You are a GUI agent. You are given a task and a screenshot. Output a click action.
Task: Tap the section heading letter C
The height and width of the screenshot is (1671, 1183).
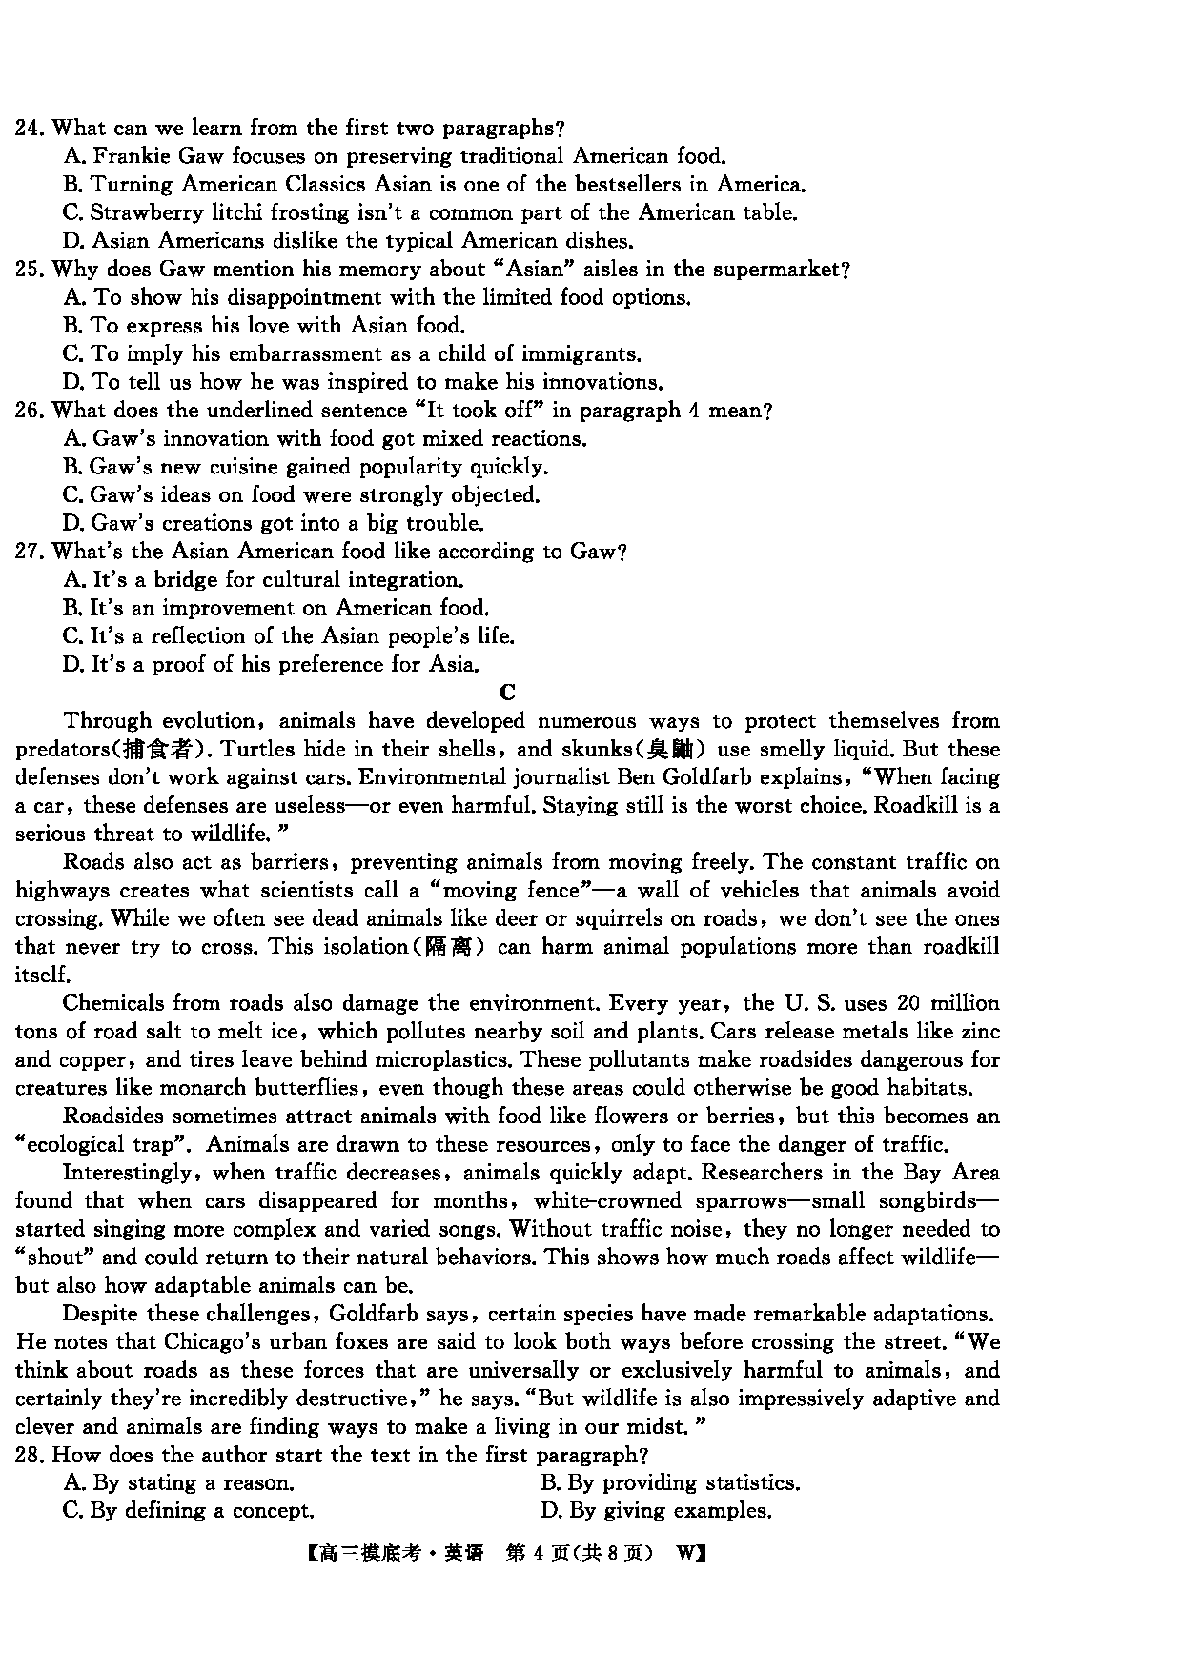click(507, 693)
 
